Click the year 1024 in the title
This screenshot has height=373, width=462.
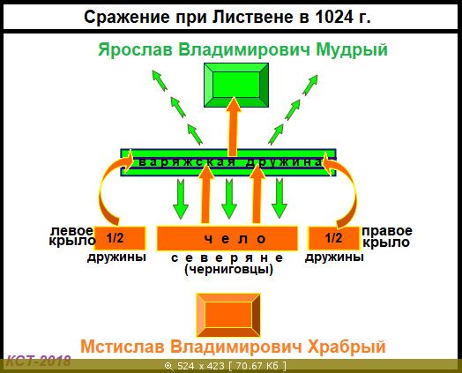click(x=334, y=18)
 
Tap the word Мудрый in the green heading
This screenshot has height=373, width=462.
click(x=352, y=49)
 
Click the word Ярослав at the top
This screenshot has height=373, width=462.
click(x=135, y=49)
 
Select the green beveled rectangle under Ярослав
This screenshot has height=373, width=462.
click(x=236, y=85)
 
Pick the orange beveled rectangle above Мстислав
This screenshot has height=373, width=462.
click(x=228, y=316)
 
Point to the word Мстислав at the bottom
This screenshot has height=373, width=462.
click(x=123, y=347)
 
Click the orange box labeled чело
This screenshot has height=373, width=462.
click(x=227, y=238)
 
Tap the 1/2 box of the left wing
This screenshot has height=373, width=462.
click(x=120, y=238)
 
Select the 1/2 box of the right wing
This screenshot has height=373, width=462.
click(x=334, y=238)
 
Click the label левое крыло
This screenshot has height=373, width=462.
click(x=72, y=235)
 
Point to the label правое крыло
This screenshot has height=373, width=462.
click(x=387, y=236)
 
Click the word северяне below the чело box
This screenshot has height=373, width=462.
click(x=227, y=257)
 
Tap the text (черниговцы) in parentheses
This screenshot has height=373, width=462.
click(x=228, y=269)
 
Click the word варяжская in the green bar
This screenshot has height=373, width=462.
click(x=187, y=161)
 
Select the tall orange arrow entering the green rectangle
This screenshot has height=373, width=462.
click(x=234, y=127)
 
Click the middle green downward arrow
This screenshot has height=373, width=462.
click(x=229, y=198)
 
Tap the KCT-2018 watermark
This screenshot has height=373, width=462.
click(x=38, y=361)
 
